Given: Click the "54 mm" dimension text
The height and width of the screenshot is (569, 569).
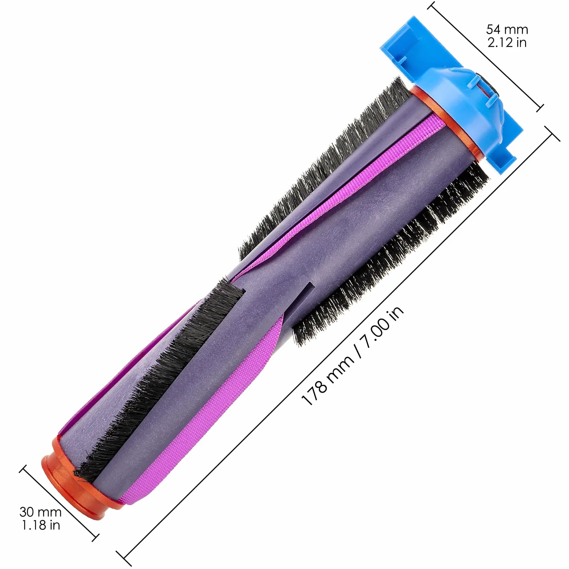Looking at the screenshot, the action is pos(507,29).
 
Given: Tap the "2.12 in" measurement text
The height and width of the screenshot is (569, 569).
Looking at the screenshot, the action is pos(507,42).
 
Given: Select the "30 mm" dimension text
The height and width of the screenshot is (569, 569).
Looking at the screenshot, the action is pos(40,512).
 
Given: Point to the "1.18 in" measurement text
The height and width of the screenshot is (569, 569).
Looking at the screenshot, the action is pos(40,525).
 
